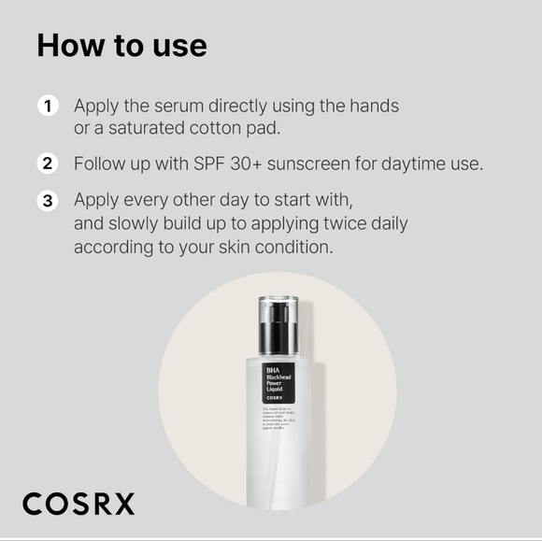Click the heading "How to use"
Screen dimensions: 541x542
coord(121,46)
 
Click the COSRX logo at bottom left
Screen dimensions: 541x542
coord(78,504)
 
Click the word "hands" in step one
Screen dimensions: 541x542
coord(374,107)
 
